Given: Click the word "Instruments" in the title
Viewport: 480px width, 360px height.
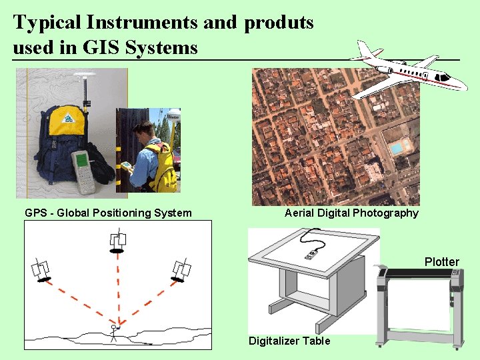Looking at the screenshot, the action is (141, 23).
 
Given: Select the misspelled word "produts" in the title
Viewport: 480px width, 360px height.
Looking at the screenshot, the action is (279, 23).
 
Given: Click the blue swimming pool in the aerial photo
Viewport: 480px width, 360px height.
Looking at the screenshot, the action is (398, 147).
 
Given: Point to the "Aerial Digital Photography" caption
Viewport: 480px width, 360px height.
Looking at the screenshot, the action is (351, 213).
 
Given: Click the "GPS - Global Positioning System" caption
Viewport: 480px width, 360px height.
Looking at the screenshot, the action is (108, 213).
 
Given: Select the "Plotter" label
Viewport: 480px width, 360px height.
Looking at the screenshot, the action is (442, 261).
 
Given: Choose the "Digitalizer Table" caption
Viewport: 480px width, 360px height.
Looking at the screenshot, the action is (289, 341).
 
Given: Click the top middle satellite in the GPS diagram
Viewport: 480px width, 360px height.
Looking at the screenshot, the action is (118, 242).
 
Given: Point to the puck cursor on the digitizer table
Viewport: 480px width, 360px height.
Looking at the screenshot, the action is (311, 254).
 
